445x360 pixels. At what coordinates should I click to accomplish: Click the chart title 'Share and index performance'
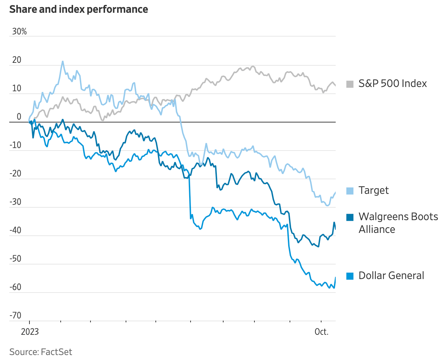pyautogui.click(x=78, y=9)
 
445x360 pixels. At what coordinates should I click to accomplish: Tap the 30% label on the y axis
pyautogui.click(x=19, y=32)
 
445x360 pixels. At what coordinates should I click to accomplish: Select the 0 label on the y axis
pyautogui.click(x=19, y=117)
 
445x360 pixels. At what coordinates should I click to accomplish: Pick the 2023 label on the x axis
pyautogui.click(x=30, y=332)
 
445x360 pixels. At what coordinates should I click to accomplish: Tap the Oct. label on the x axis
pyautogui.click(x=322, y=332)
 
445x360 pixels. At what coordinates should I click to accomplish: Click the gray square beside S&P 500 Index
pyautogui.click(x=350, y=84)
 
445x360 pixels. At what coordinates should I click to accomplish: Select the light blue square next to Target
pyautogui.click(x=350, y=191)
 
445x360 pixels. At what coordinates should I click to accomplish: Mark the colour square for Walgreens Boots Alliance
pyautogui.click(x=350, y=217)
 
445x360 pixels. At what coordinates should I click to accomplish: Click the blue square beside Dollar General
pyautogui.click(x=350, y=276)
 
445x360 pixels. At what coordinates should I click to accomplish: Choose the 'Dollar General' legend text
pyautogui.click(x=391, y=276)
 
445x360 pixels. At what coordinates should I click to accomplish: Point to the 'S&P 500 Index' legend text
pyautogui.click(x=392, y=83)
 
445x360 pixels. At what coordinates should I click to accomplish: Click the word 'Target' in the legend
pyautogui.click(x=374, y=191)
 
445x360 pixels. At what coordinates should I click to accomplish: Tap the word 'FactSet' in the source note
pyautogui.click(x=56, y=352)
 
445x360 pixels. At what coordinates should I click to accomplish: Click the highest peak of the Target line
pyautogui.click(x=63, y=61)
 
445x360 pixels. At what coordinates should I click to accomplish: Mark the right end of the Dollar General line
pyautogui.click(x=335, y=277)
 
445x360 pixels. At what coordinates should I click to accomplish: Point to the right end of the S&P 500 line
pyautogui.click(x=335, y=86)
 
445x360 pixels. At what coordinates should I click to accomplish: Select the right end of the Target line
pyautogui.click(x=335, y=192)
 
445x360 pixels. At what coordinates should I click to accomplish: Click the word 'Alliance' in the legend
pyautogui.click(x=377, y=229)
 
